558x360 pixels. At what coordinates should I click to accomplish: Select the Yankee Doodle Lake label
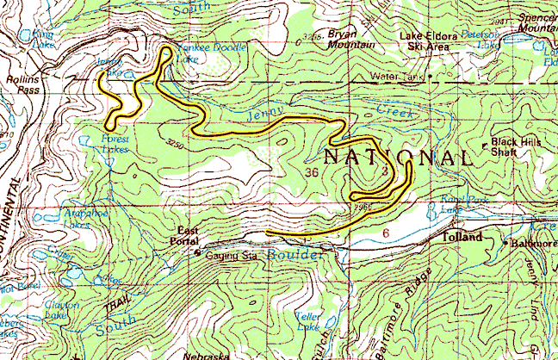click(210, 52)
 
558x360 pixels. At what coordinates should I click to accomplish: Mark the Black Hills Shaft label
click(516, 147)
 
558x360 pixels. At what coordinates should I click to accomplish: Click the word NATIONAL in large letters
click(398, 158)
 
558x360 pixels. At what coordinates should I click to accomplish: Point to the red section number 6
click(386, 233)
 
